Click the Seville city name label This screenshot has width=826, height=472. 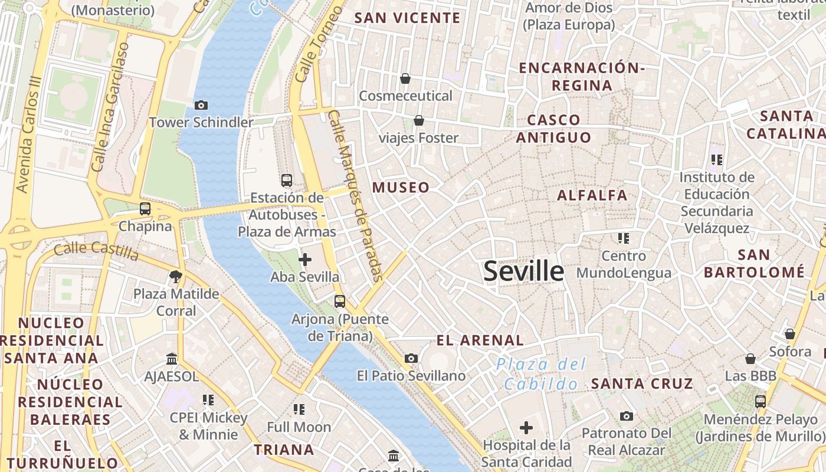click(x=523, y=271)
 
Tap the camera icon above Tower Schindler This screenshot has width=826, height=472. click(x=201, y=105)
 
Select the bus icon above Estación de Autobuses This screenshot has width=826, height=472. click(x=287, y=180)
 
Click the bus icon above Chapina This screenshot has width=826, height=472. click(x=145, y=208)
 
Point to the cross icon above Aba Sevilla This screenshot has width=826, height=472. click(x=305, y=259)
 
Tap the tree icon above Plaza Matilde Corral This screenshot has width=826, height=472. click(x=175, y=276)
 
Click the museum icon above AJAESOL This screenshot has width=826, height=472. click(x=172, y=359)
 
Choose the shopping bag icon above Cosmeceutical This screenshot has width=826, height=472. click(x=405, y=78)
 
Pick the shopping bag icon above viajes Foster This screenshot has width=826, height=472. click(x=419, y=120)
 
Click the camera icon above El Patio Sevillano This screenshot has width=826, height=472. click(x=411, y=358)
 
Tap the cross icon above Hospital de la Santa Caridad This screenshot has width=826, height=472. click(x=526, y=428)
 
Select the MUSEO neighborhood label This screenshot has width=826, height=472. click(x=401, y=188)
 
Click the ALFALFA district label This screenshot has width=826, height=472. click(x=592, y=195)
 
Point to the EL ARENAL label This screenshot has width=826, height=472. click(x=480, y=340)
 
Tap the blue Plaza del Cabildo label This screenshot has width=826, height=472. click(x=542, y=374)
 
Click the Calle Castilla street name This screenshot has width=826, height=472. click(x=96, y=251)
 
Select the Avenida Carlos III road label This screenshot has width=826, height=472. click(x=29, y=134)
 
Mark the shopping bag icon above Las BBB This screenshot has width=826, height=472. click(x=750, y=359)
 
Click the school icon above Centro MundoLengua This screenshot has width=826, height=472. click(x=624, y=238)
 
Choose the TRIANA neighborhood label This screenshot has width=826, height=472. click(x=284, y=450)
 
